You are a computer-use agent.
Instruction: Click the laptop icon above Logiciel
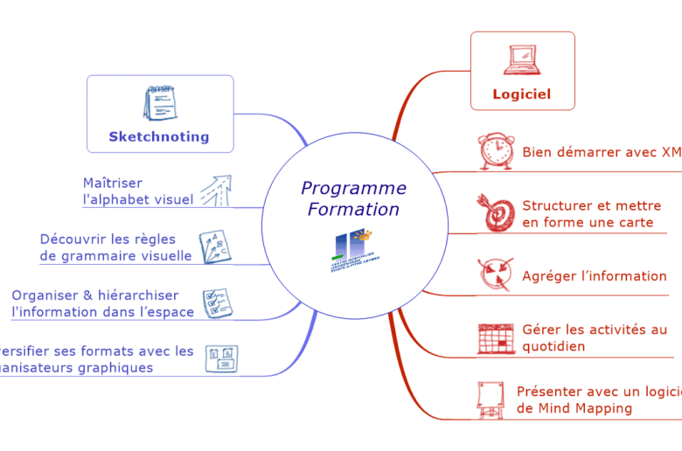(x=522, y=60)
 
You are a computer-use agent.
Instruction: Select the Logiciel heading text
(x=521, y=94)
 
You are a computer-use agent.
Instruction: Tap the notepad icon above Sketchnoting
(x=159, y=104)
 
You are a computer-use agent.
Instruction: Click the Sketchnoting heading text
(x=159, y=136)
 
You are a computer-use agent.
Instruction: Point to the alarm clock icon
(x=495, y=151)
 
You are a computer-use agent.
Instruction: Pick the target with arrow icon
(x=495, y=213)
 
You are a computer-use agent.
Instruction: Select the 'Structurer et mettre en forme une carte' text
(x=591, y=214)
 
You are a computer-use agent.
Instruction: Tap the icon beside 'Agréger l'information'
(x=495, y=274)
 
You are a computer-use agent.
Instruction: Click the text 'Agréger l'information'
(x=594, y=276)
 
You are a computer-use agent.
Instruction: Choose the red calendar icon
(x=495, y=338)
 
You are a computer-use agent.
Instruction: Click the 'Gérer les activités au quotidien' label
(x=594, y=337)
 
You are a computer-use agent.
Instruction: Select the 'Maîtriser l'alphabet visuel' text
(x=138, y=191)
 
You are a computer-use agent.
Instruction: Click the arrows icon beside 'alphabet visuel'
(x=215, y=191)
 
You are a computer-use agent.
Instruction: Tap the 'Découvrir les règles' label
(x=108, y=239)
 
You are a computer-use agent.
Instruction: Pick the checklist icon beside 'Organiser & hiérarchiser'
(x=216, y=302)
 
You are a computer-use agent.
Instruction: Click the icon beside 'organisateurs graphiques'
(x=221, y=358)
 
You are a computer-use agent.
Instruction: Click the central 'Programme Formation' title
(x=353, y=199)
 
